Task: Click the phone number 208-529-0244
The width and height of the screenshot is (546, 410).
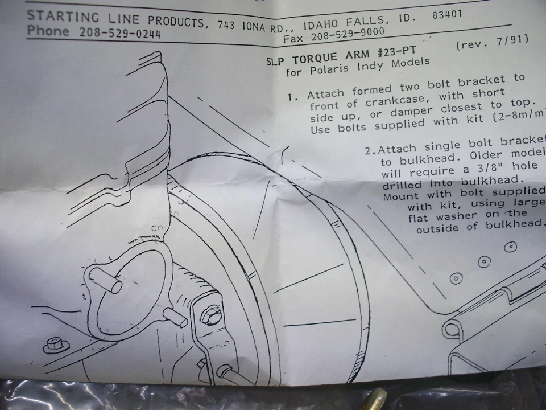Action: click(x=121, y=34)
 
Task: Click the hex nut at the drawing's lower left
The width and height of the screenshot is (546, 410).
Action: click(x=53, y=345)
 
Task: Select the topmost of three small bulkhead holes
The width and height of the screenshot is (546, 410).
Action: click(x=510, y=247)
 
